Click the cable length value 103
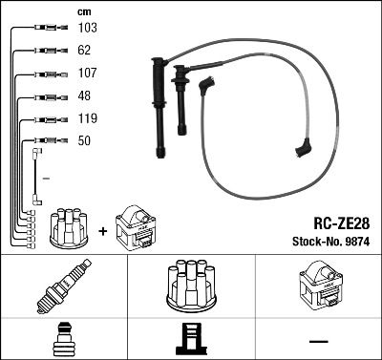click(x=86, y=29)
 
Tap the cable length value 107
click(x=86, y=73)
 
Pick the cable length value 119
click(x=86, y=120)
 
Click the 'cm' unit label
click(x=83, y=11)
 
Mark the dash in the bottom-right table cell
click(x=317, y=339)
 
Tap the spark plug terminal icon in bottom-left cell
click(x=62, y=338)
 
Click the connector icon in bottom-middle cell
click(x=190, y=338)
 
